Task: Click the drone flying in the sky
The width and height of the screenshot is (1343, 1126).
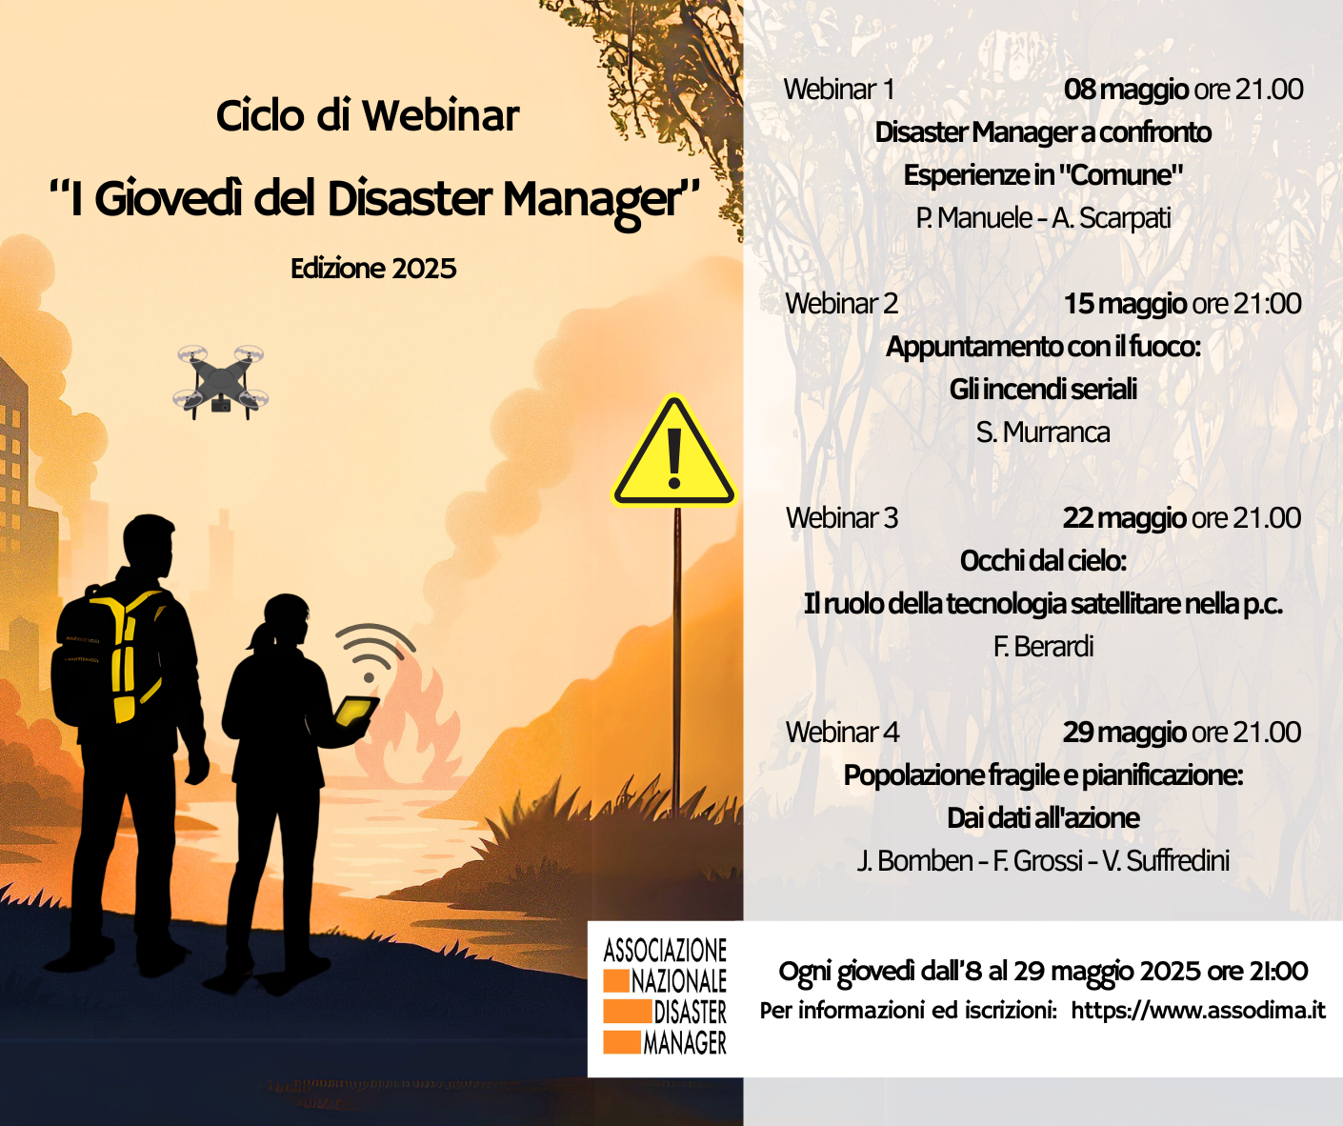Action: [x=221, y=382]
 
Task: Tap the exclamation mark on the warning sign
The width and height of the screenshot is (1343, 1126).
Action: [x=674, y=459]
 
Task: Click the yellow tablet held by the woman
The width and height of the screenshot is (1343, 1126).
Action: [x=355, y=713]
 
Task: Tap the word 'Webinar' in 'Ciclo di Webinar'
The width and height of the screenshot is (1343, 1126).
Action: [x=441, y=116]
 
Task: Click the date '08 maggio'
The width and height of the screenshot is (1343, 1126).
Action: [x=1126, y=90]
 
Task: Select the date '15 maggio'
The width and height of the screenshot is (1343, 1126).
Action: [x=1125, y=304]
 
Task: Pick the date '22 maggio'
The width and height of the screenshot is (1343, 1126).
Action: [x=1124, y=518]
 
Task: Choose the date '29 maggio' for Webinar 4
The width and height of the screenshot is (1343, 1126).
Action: [x=1124, y=733]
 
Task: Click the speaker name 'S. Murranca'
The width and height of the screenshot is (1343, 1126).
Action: [x=1043, y=432]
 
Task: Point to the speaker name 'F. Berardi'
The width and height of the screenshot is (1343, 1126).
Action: [x=1043, y=647]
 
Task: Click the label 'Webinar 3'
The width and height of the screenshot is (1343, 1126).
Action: [x=842, y=518]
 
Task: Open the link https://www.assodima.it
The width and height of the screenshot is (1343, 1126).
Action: [x=1198, y=1010]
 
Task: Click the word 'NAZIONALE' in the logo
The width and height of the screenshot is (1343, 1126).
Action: [x=678, y=982]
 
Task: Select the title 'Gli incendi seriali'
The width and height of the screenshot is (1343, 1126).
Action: [x=1043, y=390]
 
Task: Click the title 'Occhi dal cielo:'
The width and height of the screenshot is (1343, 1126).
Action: [x=1043, y=561]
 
